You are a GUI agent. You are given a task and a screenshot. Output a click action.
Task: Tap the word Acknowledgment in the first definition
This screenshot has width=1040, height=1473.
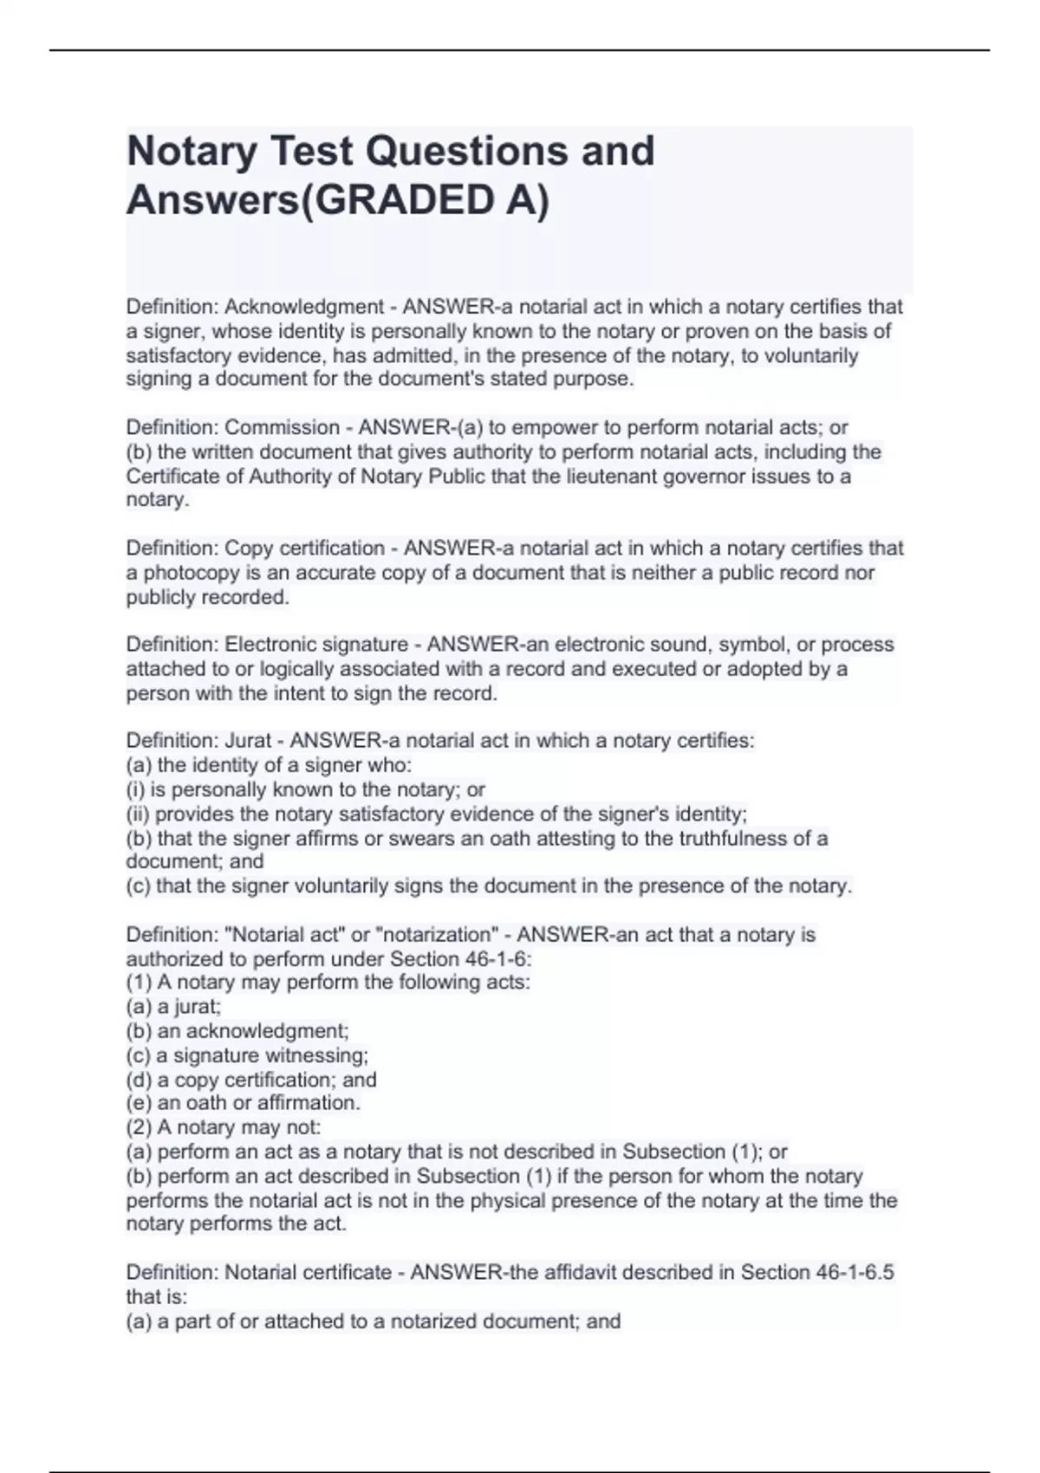304,307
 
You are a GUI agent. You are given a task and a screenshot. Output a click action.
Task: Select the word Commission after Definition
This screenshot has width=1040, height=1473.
282,427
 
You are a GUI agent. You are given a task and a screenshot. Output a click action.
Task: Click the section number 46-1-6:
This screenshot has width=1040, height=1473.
489,959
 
